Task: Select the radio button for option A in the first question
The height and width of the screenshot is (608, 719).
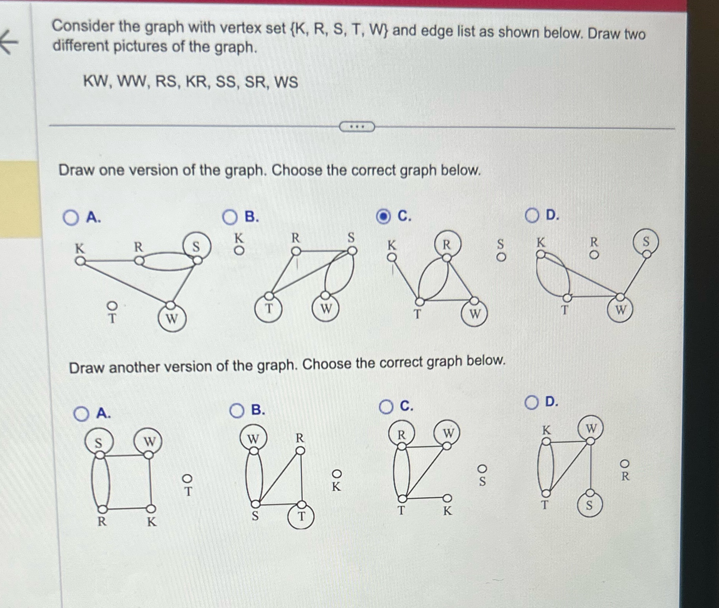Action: tap(70, 217)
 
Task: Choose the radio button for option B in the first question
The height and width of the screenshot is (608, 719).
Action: tap(230, 217)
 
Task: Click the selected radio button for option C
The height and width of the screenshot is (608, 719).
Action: tap(383, 217)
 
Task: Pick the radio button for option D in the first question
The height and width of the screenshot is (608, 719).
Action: tap(532, 215)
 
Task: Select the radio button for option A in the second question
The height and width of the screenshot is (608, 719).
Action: tap(81, 414)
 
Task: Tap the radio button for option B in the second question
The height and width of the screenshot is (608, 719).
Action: tap(237, 411)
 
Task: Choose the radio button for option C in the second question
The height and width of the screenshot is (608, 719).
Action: tap(386, 407)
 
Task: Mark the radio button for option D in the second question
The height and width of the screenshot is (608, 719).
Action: tap(532, 403)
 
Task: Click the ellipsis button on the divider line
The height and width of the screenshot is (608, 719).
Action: tap(357, 127)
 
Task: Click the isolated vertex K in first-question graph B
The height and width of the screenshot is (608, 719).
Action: tap(240, 251)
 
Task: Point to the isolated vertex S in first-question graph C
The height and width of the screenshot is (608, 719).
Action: tap(501, 257)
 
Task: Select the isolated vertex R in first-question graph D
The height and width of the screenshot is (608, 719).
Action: tap(594, 255)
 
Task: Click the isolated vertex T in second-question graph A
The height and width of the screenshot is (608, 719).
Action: tap(187, 479)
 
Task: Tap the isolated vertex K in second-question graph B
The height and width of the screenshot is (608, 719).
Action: tap(337, 474)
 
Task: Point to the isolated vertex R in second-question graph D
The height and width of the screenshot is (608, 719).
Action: tap(625, 464)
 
